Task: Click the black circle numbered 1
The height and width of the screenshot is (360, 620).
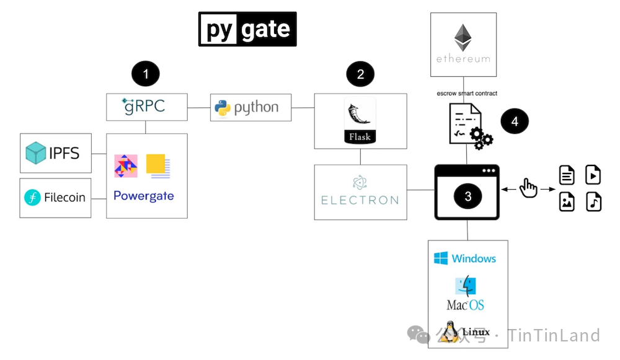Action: [x=146, y=74]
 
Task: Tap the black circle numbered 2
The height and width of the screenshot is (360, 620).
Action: [x=360, y=74]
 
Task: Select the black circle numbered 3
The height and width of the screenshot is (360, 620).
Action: [x=468, y=196]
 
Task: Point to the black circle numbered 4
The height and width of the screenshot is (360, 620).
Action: [x=515, y=122]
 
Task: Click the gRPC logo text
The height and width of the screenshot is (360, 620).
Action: [x=144, y=106]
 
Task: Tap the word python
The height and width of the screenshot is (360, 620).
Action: [x=256, y=108]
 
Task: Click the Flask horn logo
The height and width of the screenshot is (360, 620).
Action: [x=360, y=115]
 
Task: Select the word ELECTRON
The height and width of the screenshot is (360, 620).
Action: [x=360, y=200]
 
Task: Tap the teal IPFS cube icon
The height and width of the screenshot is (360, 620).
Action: [x=36, y=153]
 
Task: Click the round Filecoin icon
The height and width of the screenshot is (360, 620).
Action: [x=32, y=198]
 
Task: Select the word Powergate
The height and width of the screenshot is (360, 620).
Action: [x=144, y=196]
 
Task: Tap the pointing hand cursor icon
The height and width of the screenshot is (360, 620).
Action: [x=528, y=187]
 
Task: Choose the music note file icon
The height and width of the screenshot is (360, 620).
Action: [x=594, y=202]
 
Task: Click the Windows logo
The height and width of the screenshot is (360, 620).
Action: [x=441, y=258]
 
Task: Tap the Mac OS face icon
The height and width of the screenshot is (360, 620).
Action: [x=466, y=286]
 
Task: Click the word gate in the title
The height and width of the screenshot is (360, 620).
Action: [x=265, y=29]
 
